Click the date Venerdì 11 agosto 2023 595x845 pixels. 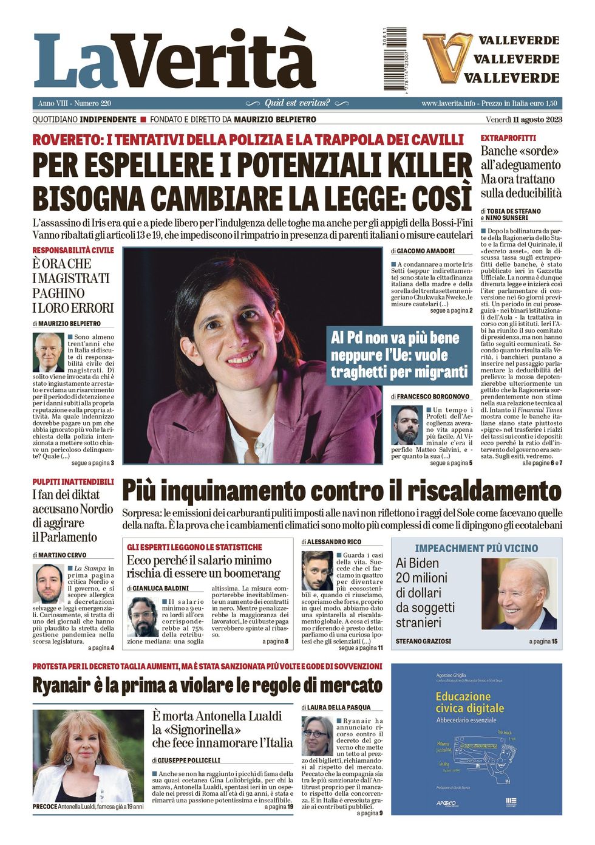pyautogui.click(x=523, y=120)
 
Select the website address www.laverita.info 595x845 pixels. pyautogui.click(x=448, y=103)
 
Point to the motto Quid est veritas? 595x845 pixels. pyautogui.click(x=297, y=103)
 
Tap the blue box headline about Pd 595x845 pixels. pyautogui.click(x=399, y=355)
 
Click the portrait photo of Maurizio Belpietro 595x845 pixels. pyautogui.click(x=48, y=352)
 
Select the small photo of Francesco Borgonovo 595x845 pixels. pyautogui.click(x=407, y=425)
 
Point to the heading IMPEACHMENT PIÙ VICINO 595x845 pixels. pyautogui.click(x=476, y=548)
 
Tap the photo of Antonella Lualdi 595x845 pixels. pyautogui.click(x=87, y=756)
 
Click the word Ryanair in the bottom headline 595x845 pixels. pyautogui.click(x=66, y=685)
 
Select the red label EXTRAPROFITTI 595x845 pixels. pyautogui.click(x=508, y=138)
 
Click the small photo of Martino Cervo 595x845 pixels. pyautogui.click(x=49, y=584)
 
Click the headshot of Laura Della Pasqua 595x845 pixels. pyautogui.click(x=316, y=736)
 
